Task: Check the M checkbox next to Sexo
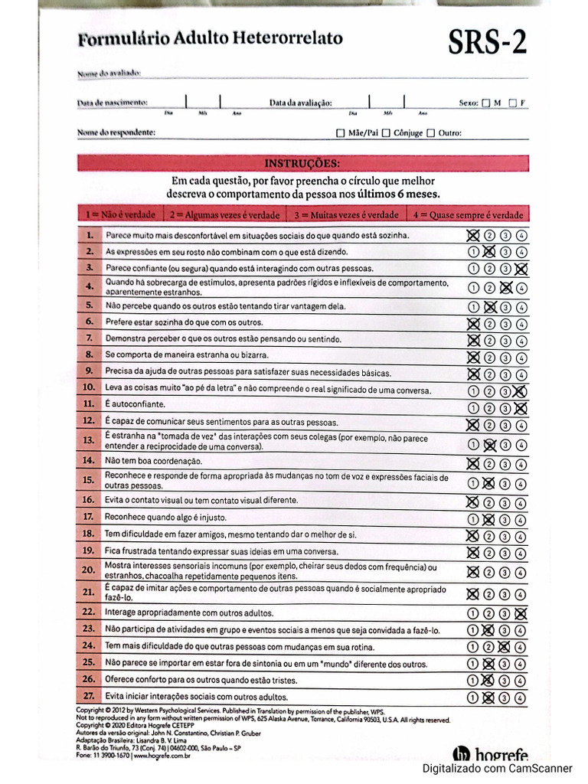[x=485, y=103]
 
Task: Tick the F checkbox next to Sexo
[x=512, y=103]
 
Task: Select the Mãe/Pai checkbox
[x=341, y=132]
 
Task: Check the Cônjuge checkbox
[x=387, y=132]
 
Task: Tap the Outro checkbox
[x=430, y=132]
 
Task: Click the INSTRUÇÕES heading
[x=302, y=163]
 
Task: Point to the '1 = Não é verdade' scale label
[x=121, y=214]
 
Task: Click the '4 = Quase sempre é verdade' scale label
[x=468, y=214]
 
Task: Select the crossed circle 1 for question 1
[x=473, y=235]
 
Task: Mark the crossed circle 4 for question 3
[x=521, y=268]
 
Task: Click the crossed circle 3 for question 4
[x=505, y=288]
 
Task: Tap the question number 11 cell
[x=90, y=403]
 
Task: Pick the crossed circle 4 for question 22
[x=521, y=612]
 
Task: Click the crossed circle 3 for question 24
[x=505, y=646]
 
